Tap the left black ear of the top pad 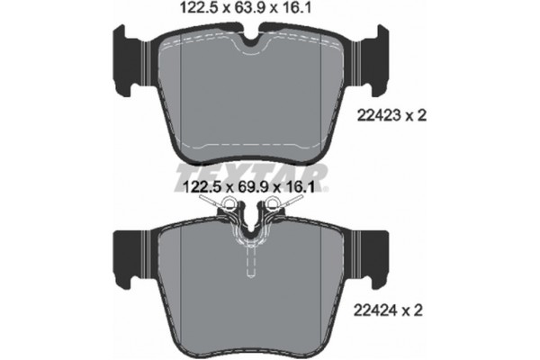pos(128,56)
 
